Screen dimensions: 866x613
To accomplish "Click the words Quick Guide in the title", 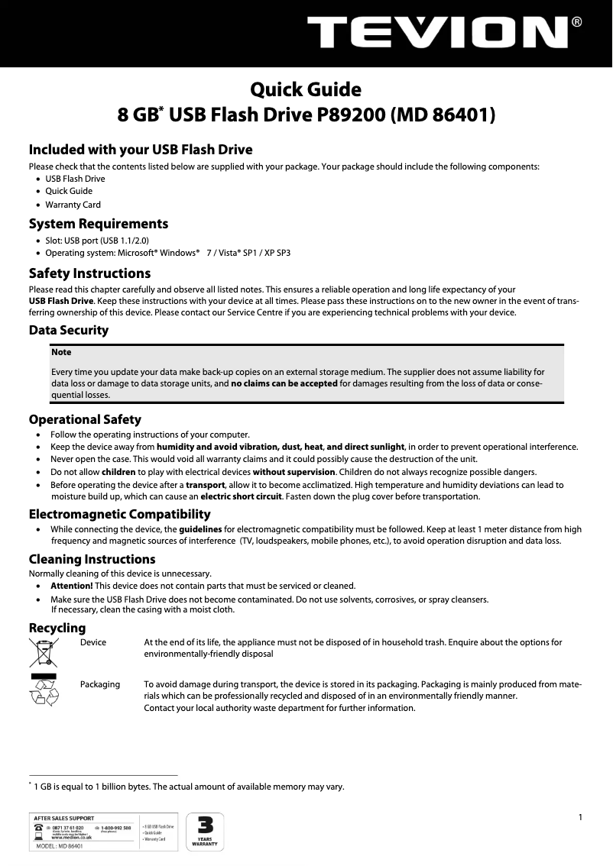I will coord(306,90).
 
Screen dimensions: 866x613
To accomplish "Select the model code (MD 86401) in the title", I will coord(443,115).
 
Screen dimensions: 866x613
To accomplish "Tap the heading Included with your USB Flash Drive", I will coord(141,149).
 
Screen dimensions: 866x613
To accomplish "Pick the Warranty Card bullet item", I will coord(73,205).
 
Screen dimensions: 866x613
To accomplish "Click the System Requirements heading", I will coord(99,224).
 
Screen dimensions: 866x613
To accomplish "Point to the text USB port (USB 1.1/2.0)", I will coord(106,239).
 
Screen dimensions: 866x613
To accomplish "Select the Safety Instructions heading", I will coord(89,273).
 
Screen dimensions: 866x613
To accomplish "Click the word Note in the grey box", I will coord(61,352).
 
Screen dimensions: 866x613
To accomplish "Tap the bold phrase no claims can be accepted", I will coord(284,383).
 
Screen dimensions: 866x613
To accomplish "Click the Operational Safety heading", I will coord(85,419).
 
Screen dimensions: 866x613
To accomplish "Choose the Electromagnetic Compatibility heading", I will coord(119,514).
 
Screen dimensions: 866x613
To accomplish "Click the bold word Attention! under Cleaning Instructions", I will coord(76,586).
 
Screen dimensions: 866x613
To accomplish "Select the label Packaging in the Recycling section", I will coord(100,684).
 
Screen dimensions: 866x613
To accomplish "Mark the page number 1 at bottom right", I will coord(581,818).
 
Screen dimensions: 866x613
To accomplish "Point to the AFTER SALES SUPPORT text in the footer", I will coord(64,818).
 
